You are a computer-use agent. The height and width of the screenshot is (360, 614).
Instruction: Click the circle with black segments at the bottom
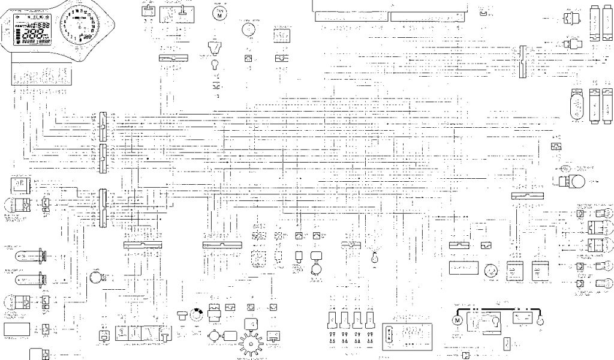194,314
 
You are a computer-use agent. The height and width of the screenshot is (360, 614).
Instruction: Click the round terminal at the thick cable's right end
540,322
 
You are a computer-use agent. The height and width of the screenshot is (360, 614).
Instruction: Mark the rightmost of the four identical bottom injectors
371,318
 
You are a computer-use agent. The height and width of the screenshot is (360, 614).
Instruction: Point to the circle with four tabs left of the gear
215,337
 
